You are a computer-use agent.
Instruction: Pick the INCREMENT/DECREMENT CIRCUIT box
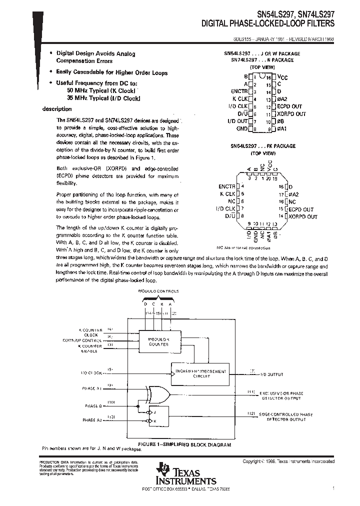[x=199, y=372]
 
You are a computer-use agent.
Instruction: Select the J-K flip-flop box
[x=155, y=416]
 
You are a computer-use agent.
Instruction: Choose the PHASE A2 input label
[x=92, y=420]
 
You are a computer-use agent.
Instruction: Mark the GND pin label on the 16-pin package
[x=242, y=129]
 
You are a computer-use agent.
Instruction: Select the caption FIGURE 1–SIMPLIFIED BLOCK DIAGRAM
[x=184, y=444]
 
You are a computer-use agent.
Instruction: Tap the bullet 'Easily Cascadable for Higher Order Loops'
[x=111, y=72]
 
